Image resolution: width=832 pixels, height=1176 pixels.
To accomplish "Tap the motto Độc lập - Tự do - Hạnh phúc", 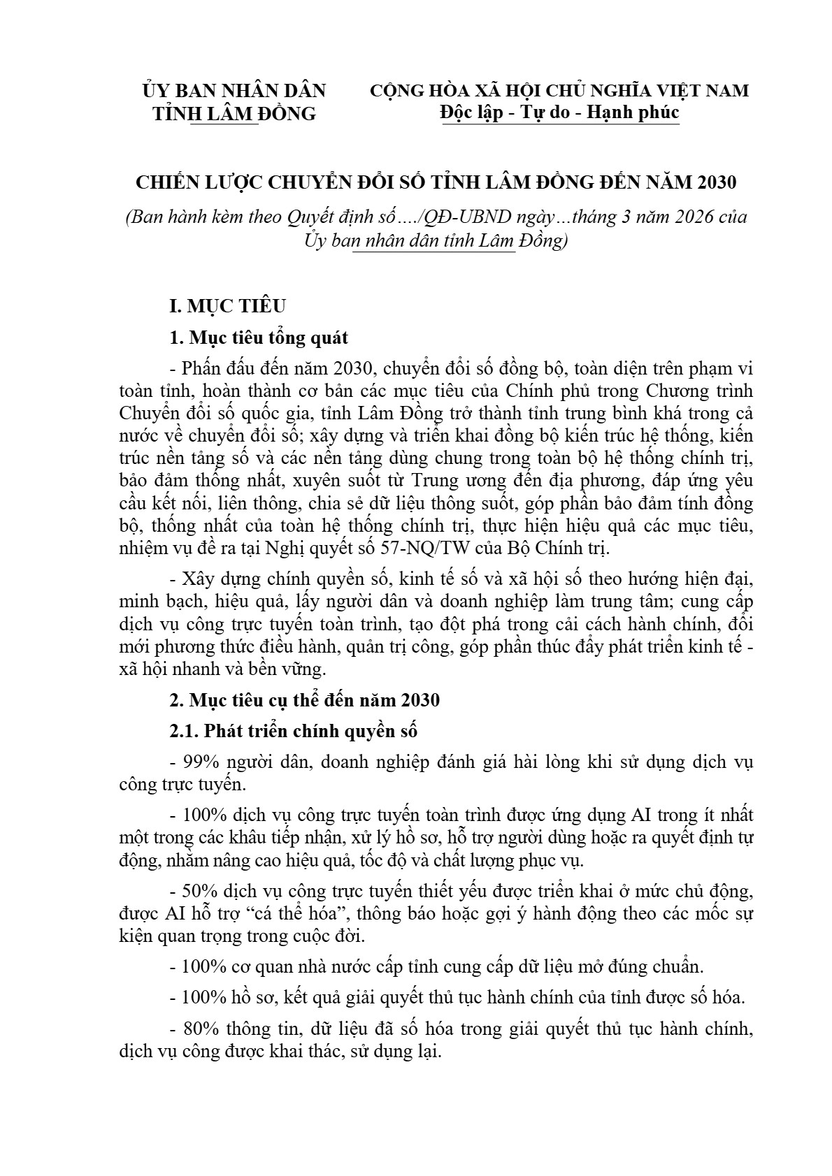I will (x=559, y=112).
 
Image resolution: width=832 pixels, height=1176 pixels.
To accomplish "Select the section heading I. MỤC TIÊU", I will (x=228, y=306).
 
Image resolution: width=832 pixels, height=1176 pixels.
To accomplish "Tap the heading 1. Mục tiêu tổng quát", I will (x=259, y=338).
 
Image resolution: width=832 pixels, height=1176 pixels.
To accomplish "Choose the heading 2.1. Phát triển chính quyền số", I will (x=294, y=732).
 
